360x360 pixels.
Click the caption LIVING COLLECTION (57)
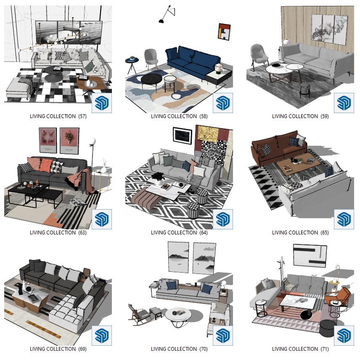point(58,116)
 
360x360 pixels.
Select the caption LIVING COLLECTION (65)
point(300,233)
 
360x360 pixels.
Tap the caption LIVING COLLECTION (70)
point(179,349)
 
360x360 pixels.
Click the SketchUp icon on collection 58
point(223,103)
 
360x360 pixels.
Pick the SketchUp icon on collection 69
point(102,336)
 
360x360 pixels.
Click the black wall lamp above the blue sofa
point(167,14)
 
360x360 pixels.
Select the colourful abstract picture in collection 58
point(224,32)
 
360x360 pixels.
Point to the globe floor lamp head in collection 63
point(92,141)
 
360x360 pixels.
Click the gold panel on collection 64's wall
point(208,134)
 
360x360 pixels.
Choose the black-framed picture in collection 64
point(182,136)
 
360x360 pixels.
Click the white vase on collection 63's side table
point(104,170)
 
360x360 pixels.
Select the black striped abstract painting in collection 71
point(310,256)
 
